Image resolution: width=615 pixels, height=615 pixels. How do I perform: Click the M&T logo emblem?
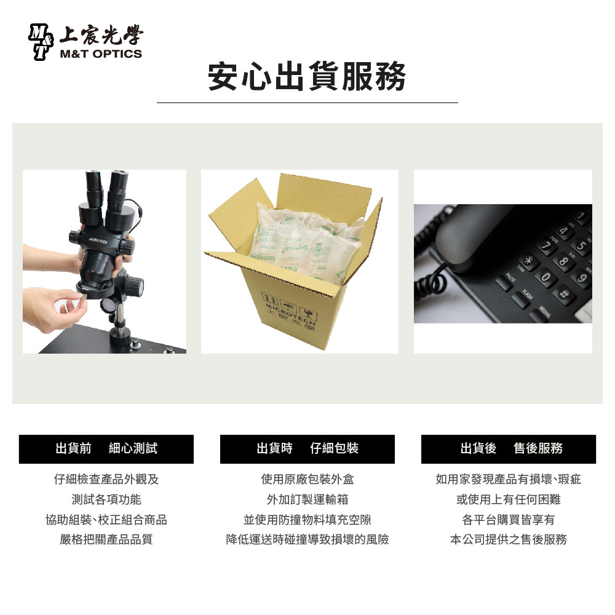pos(41,42)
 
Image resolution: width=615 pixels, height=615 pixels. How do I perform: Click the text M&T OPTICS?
pos(101,54)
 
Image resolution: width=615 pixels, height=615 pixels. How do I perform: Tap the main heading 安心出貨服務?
pos(307,76)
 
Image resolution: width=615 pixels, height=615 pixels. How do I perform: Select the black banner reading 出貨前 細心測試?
pos(106,449)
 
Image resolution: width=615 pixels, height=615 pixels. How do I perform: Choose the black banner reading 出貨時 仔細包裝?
pos(307,449)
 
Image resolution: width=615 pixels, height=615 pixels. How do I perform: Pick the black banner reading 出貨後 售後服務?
pos(509,449)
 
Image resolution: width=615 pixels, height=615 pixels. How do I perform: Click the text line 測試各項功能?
pos(106,499)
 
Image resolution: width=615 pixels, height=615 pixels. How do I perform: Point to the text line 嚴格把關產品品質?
pos(106,539)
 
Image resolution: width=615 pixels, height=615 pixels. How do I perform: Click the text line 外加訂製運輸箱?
pos(307,499)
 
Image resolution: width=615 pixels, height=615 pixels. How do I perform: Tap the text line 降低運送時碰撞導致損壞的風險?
pos(307,539)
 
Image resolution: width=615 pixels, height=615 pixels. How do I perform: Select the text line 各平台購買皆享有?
pos(509,520)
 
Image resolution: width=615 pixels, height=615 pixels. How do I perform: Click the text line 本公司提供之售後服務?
pos(509,539)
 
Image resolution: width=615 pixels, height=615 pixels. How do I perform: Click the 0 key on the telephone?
pos(546,277)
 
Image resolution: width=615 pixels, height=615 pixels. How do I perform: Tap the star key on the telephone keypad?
pos(528,261)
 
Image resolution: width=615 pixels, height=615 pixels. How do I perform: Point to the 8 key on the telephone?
pos(563,260)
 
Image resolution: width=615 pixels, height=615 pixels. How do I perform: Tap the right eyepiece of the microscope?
pos(118,189)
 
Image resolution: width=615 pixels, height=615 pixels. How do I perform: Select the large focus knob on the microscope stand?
pos(133,286)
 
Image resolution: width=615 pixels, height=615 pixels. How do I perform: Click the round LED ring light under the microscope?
pos(108,306)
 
